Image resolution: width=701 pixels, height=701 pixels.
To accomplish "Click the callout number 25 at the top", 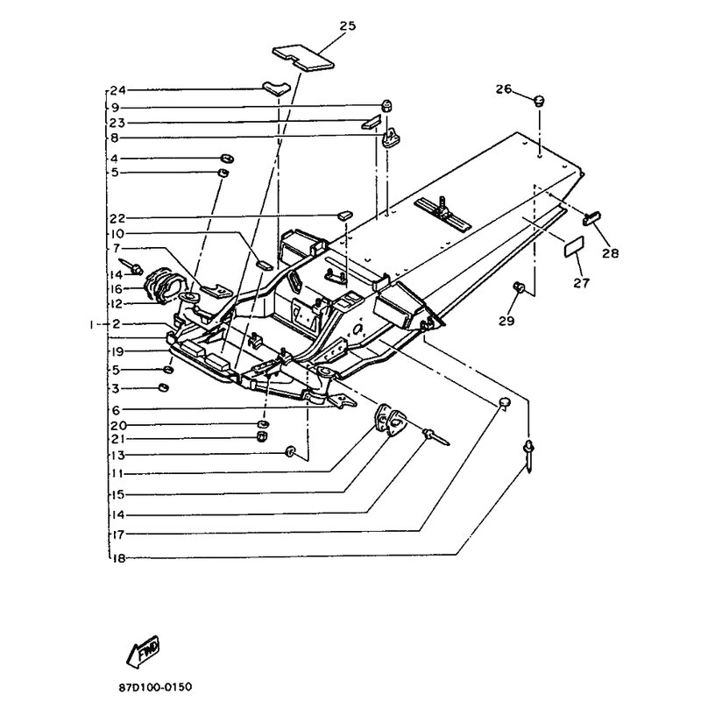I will tap(347, 25).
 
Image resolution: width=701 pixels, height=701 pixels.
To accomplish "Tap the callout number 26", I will tap(502, 89).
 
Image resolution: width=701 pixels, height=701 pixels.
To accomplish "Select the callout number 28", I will tap(609, 253).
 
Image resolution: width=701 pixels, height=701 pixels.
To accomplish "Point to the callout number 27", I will tap(582, 282).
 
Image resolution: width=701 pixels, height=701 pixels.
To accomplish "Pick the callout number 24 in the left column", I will tap(118, 90).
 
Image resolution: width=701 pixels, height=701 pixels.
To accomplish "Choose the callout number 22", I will tap(118, 217).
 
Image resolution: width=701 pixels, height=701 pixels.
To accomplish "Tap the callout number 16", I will tap(118, 287).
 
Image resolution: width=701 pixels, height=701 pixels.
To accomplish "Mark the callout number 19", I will tap(118, 350).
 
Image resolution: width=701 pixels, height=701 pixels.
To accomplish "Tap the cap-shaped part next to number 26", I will tap(541, 102).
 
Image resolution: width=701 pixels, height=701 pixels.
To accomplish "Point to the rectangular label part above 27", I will tap(572, 246).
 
